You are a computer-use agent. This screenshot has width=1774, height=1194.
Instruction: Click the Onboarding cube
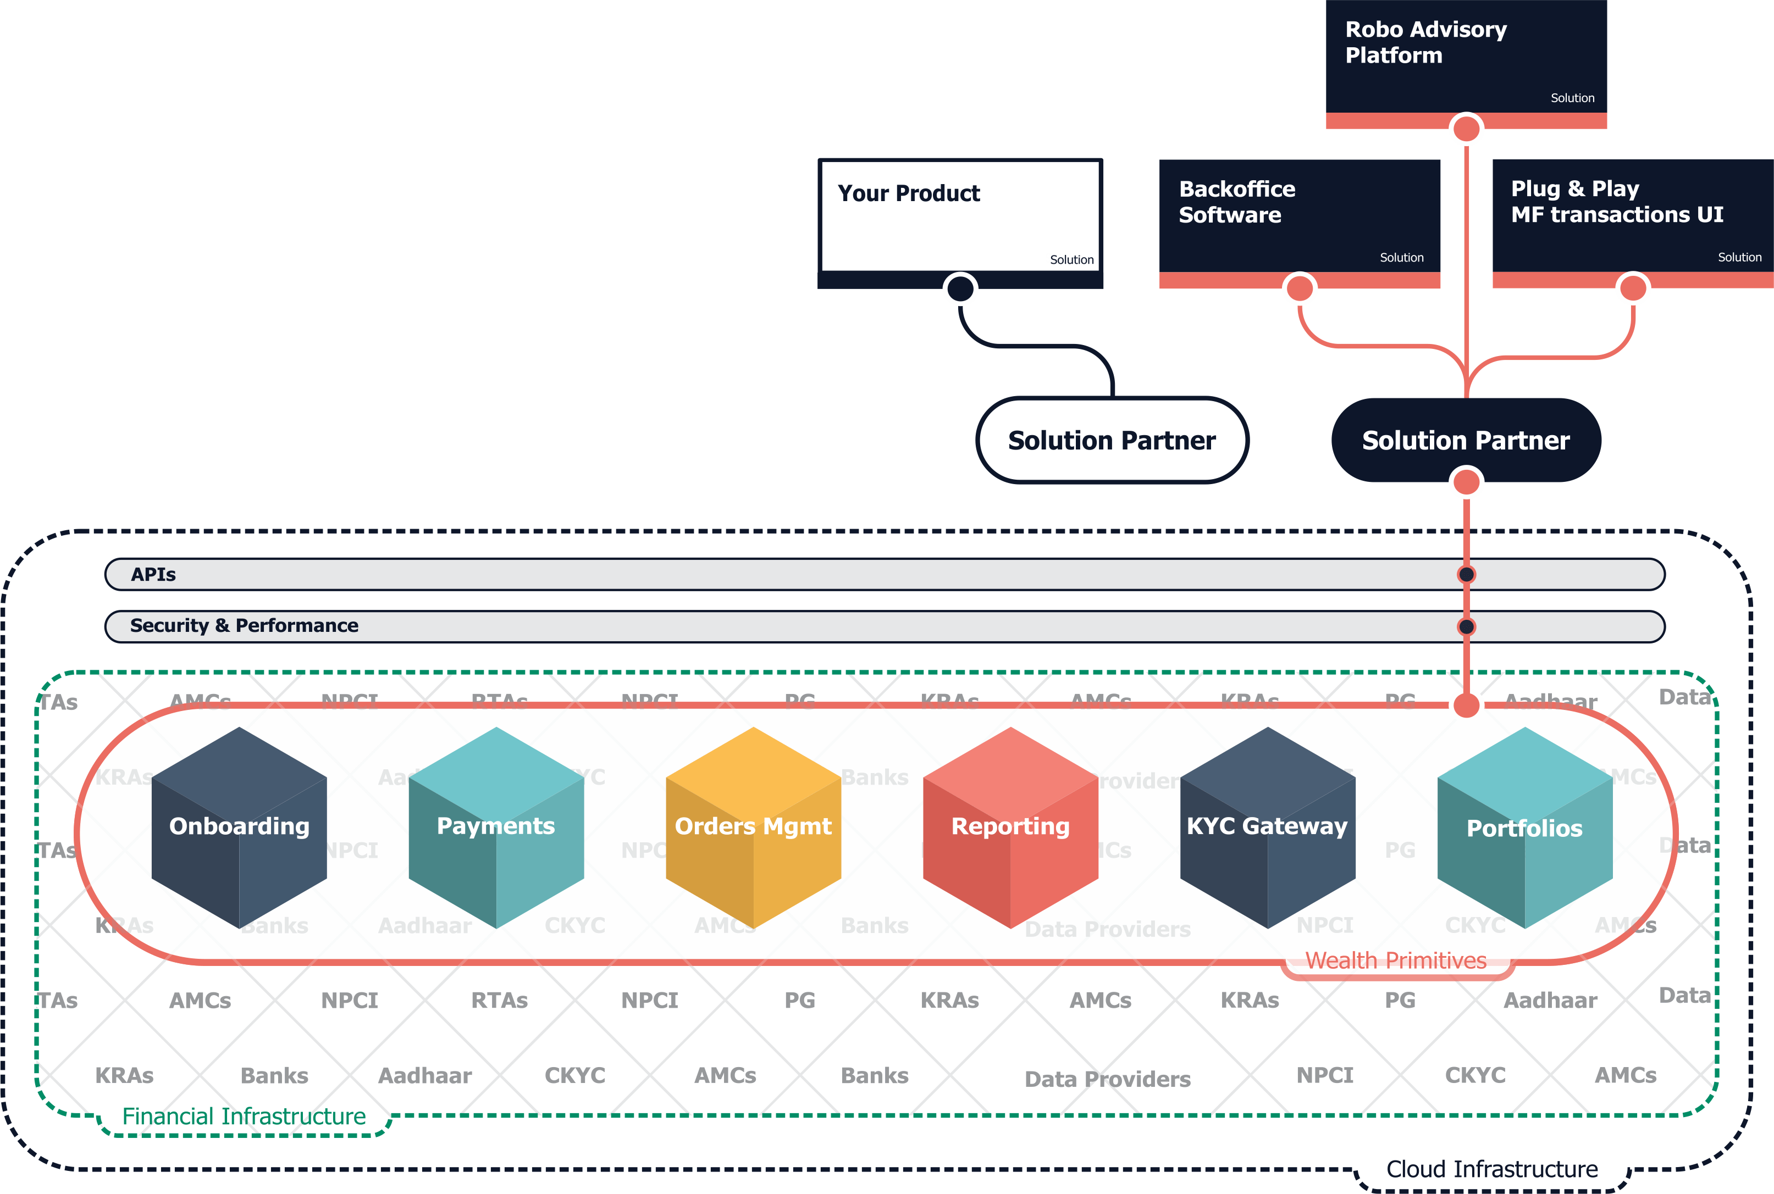pos(239,827)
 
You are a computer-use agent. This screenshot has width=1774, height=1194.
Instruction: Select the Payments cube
pos(496,827)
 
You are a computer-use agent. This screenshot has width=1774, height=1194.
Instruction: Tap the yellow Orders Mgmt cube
pos(753,827)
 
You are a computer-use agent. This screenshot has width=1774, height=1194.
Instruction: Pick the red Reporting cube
pos(1010,827)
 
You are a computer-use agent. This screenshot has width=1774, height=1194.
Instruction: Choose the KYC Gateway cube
pos(1268,827)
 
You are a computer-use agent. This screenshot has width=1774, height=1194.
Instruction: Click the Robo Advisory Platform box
pos(1466,57)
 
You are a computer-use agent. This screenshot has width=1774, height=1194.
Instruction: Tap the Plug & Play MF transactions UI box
pos(1632,216)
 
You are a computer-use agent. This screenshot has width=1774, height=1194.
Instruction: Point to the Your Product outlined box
pos(960,216)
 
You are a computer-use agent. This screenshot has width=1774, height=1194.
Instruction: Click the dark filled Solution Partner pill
pos(1466,440)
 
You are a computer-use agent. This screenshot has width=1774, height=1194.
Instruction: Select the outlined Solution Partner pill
pos(1112,440)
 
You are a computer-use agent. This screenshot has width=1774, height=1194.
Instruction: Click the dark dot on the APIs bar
pos(1466,574)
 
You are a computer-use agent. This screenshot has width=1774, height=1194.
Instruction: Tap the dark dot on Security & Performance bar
pos(1466,627)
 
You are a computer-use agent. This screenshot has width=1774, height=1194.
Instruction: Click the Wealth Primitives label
pos(1395,961)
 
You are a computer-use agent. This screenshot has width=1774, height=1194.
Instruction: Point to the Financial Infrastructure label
pos(244,1117)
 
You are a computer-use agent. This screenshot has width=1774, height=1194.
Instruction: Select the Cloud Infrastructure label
pos(1491,1169)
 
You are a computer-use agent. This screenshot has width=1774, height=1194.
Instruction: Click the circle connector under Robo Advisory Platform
pos(1466,129)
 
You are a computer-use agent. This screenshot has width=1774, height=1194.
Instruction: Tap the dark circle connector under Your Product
pos(960,288)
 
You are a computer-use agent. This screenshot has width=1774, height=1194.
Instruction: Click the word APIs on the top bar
pos(153,574)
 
